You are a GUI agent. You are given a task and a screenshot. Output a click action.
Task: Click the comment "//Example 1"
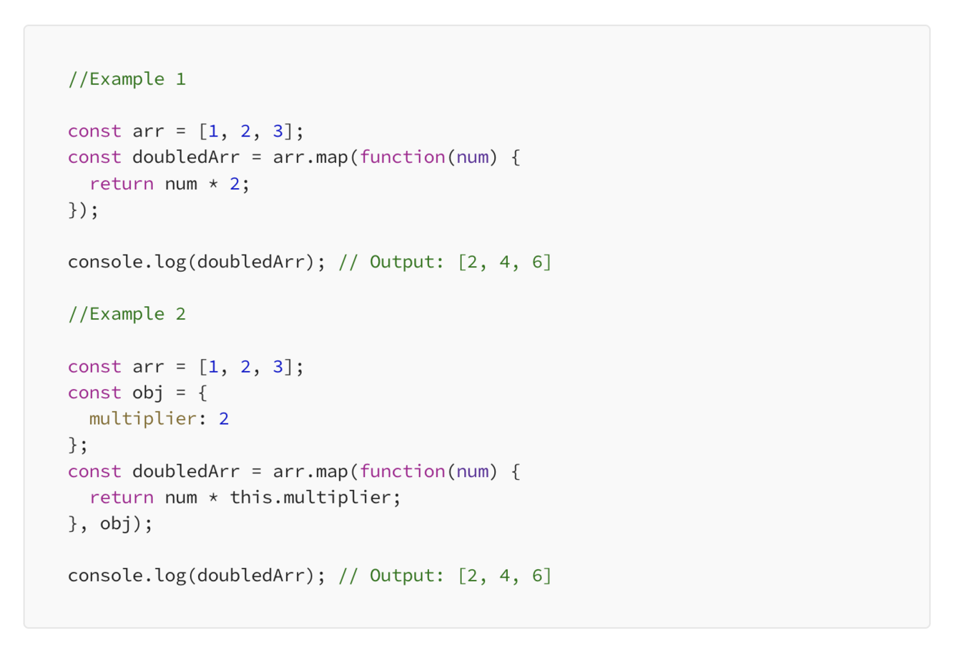pos(127,79)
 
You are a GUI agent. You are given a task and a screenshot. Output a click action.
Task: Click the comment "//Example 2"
pos(127,314)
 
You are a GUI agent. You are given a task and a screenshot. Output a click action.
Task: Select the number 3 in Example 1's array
pos(277,131)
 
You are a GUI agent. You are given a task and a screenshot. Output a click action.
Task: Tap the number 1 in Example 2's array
pos(213,367)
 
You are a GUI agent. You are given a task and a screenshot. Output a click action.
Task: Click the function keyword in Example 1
pos(402,157)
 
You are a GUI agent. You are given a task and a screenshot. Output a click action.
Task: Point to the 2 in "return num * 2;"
pos(235,184)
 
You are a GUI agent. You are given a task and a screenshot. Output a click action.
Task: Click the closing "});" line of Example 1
pos(84,210)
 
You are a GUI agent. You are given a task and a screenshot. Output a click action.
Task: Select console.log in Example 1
pos(127,262)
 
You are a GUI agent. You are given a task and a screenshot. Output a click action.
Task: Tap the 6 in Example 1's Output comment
pos(537,262)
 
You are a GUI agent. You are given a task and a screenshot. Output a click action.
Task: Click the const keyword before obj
pos(94,393)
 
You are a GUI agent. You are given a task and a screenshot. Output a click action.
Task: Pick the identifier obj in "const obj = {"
pos(148,393)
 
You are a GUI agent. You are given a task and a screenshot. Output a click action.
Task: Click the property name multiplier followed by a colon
pos(142,419)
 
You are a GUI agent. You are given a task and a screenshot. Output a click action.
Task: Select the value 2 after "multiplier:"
pos(224,419)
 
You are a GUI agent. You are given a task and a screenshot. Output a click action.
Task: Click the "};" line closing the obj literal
pos(78,445)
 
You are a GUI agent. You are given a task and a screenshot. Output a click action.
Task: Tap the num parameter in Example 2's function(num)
pos(472,471)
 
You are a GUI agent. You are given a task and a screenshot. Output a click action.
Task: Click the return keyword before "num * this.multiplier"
pos(121,498)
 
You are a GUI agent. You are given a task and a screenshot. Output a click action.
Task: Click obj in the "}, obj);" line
pos(116,524)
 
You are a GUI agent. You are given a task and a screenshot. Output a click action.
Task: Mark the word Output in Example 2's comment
pos(405,576)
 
